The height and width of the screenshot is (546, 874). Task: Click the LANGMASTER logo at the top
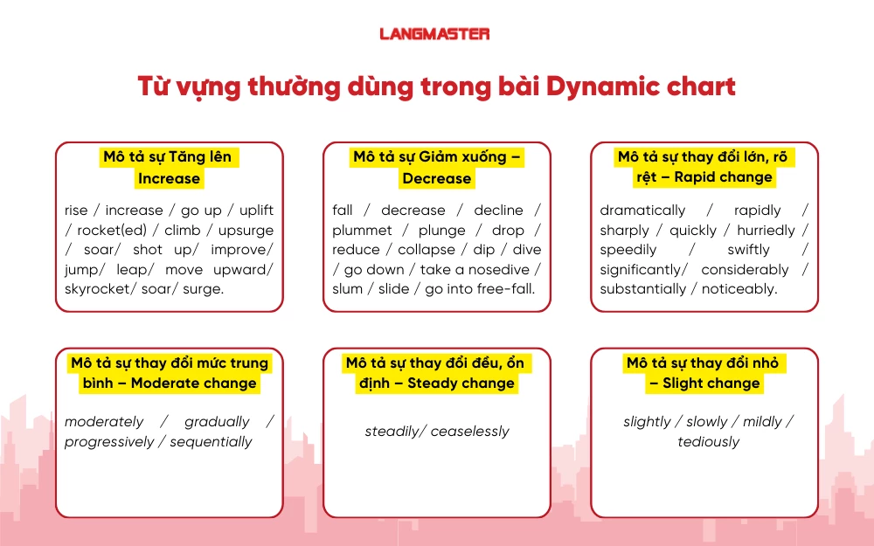[x=434, y=34]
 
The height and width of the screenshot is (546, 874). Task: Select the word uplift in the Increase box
[x=255, y=211]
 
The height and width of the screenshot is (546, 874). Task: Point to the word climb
[x=183, y=231]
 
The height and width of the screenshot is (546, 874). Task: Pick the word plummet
[x=362, y=231]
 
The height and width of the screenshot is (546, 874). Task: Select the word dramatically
[x=642, y=211]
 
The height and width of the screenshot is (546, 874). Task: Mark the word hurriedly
[x=766, y=231]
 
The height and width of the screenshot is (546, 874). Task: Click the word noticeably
[x=740, y=289]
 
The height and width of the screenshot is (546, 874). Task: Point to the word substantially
[x=642, y=289]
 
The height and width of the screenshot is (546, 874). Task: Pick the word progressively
[x=108, y=442]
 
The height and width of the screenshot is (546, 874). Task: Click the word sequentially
[x=211, y=442]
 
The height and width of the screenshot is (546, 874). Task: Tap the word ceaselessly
[x=469, y=432]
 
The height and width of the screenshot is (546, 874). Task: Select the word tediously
[x=708, y=442]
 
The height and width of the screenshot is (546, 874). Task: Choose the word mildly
[x=761, y=422]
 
